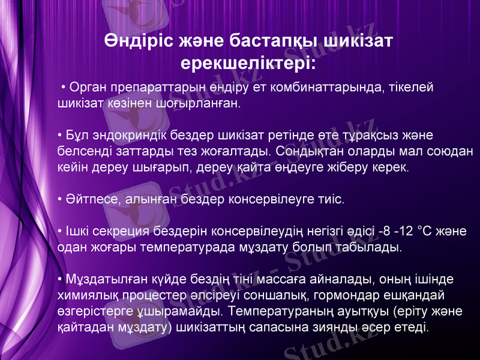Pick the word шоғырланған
pyautogui.click(x=204, y=103)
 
